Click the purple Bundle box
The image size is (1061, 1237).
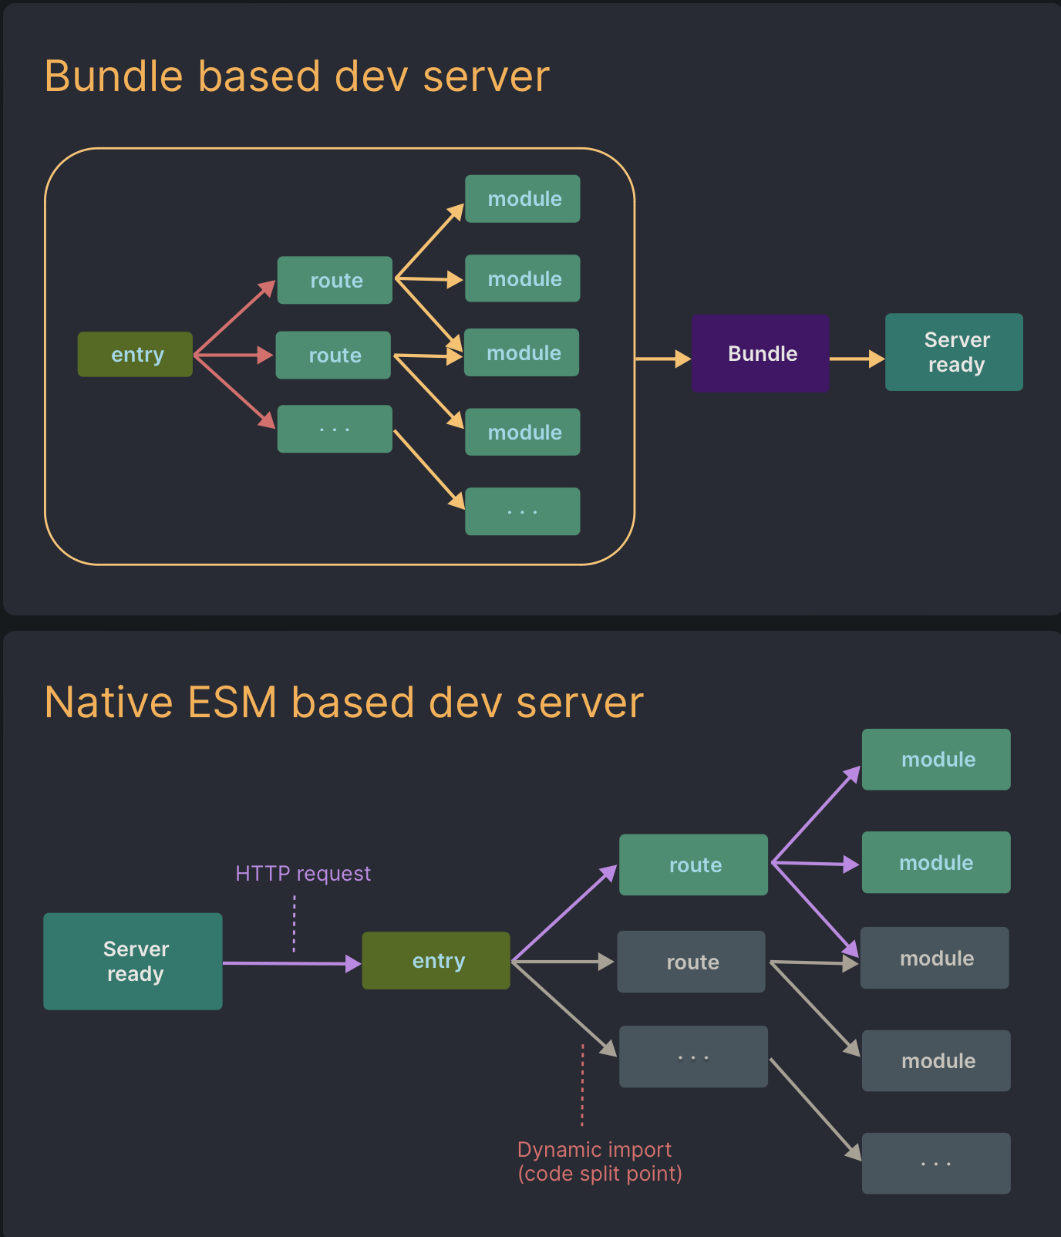pyautogui.click(x=760, y=353)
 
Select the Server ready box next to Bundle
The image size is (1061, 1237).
pyautogui.click(x=954, y=352)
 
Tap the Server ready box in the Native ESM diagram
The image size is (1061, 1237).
pyautogui.click(x=133, y=961)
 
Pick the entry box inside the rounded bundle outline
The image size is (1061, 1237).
pyautogui.click(x=135, y=354)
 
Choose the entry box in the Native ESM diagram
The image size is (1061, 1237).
pyautogui.click(x=436, y=960)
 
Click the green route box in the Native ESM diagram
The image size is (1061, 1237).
pyautogui.click(x=693, y=865)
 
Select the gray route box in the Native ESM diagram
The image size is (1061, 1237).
pyautogui.click(x=691, y=962)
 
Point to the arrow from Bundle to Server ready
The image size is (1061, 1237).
pyautogui.click(x=857, y=359)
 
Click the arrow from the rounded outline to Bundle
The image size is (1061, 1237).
pyautogui.click(x=662, y=359)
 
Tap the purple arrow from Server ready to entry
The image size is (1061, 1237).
pyautogui.click(x=291, y=963)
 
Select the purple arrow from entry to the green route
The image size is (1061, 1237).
pyautogui.click(x=564, y=914)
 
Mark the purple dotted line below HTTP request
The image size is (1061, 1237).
pyautogui.click(x=295, y=923)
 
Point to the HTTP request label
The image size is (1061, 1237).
pyautogui.click(x=303, y=873)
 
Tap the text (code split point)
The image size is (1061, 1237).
pyautogui.click(x=600, y=1174)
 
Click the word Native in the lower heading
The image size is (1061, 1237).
pyautogui.click(x=109, y=703)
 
